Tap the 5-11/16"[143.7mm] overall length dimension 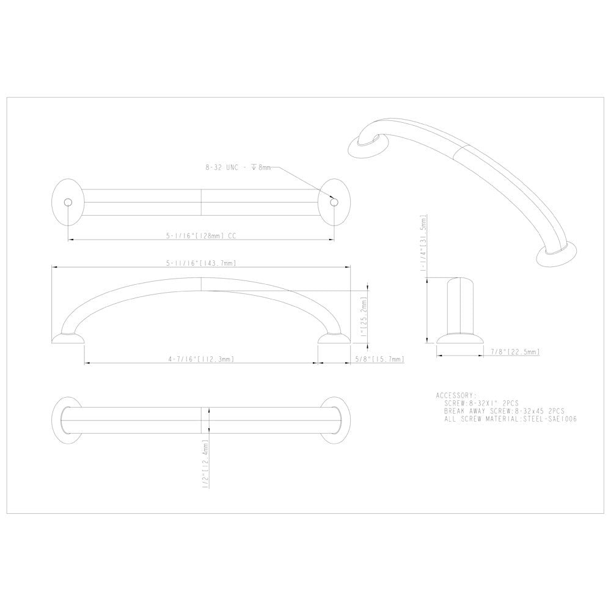200,263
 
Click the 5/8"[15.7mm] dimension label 379,359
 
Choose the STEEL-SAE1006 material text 551,420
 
